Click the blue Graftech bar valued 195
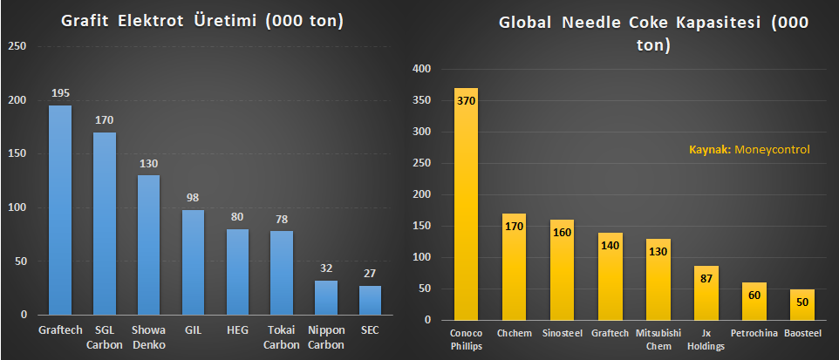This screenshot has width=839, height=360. (60, 209)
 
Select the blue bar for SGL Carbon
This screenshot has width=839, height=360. (105, 222)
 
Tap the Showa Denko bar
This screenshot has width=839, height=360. (148, 244)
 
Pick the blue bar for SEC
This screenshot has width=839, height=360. (370, 300)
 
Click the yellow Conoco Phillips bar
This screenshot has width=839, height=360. (466, 204)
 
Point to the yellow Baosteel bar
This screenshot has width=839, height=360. (802, 304)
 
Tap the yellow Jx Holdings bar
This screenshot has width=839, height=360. (706, 293)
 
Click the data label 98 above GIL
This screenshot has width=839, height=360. (193, 198)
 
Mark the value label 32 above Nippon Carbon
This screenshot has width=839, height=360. (325, 268)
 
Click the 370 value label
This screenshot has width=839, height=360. (466, 100)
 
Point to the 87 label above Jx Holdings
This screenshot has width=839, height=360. (706, 278)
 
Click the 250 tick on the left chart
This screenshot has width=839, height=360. (19, 46)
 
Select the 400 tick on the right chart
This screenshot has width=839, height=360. (422, 69)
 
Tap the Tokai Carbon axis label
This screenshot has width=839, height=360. (281, 336)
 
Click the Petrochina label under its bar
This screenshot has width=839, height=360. (754, 331)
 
